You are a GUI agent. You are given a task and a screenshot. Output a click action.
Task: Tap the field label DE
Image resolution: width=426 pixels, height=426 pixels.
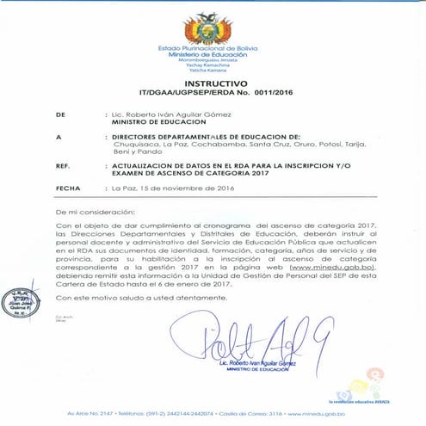59,114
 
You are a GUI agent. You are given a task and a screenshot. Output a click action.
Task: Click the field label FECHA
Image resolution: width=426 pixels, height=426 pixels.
67,187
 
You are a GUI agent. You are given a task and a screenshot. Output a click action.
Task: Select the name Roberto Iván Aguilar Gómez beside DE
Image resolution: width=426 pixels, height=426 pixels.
165,114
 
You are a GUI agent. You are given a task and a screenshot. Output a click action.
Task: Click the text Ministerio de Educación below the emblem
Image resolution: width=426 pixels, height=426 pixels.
213,53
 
